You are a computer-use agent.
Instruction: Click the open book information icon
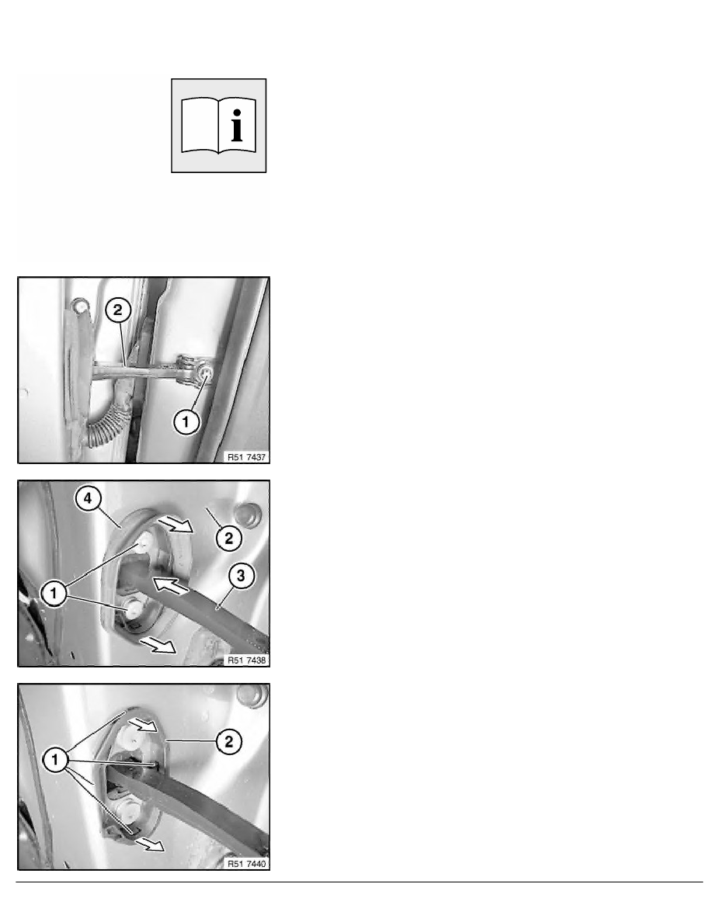click(218, 125)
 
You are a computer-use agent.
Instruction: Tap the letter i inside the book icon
click(236, 125)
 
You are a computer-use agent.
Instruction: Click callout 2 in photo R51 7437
click(117, 310)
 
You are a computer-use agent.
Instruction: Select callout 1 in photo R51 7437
click(186, 421)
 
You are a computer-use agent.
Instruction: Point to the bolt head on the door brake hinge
click(206, 372)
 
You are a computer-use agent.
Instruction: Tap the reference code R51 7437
click(246, 457)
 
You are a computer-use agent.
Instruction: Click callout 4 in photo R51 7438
click(88, 499)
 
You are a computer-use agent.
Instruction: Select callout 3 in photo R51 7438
click(242, 575)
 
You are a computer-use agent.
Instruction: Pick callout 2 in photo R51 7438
click(229, 538)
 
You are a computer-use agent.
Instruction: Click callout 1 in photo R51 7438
click(54, 593)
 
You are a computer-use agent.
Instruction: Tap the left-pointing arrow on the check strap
click(171, 585)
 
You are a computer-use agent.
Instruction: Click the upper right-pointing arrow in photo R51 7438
click(176, 523)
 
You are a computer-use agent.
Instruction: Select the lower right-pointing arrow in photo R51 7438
click(158, 644)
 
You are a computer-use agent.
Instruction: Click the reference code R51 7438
click(246, 660)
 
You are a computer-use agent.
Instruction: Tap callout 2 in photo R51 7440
click(229, 742)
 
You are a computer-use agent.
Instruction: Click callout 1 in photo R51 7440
click(54, 761)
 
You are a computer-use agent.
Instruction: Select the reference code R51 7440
click(246, 864)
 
